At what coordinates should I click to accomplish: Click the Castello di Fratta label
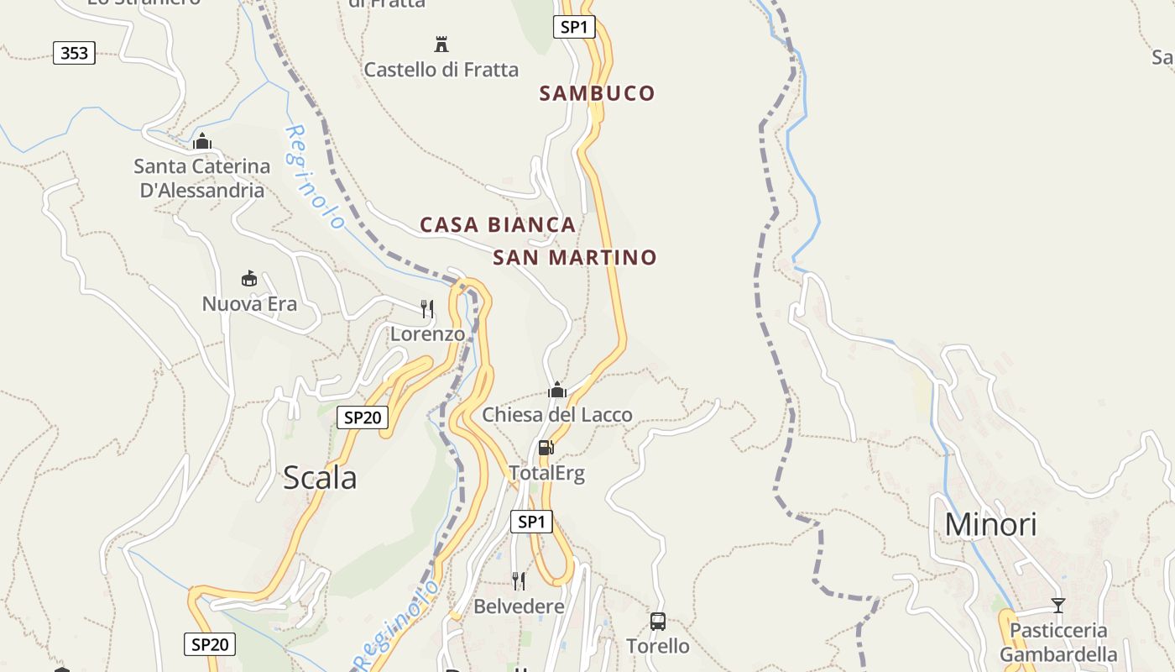click(441, 70)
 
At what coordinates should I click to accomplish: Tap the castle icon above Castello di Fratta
click(441, 44)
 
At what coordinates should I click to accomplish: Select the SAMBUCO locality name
click(597, 93)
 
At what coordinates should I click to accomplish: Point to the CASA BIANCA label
click(498, 225)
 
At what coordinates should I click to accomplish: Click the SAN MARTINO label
click(574, 258)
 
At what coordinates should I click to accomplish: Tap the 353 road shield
click(74, 54)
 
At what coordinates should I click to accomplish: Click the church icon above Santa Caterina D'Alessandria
click(201, 141)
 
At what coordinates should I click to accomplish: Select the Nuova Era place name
click(249, 304)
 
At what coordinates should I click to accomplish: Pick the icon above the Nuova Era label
click(248, 278)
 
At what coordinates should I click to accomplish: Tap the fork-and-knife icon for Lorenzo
click(427, 308)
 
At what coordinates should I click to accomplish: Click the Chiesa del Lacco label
click(556, 415)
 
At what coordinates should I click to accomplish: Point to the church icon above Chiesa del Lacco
click(556, 390)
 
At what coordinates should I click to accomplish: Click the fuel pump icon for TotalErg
click(546, 447)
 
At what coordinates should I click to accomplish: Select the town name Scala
click(320, 478)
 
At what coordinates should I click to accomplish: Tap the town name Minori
click(990, 524)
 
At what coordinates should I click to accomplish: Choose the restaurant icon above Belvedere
click(519, 580)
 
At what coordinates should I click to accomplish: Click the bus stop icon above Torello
click(658, 622)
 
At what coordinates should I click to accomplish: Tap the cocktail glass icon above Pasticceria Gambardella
click(1057, 605)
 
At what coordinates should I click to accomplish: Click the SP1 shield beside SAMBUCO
click(574, 27)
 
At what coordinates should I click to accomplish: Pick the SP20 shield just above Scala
click(363, 417)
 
